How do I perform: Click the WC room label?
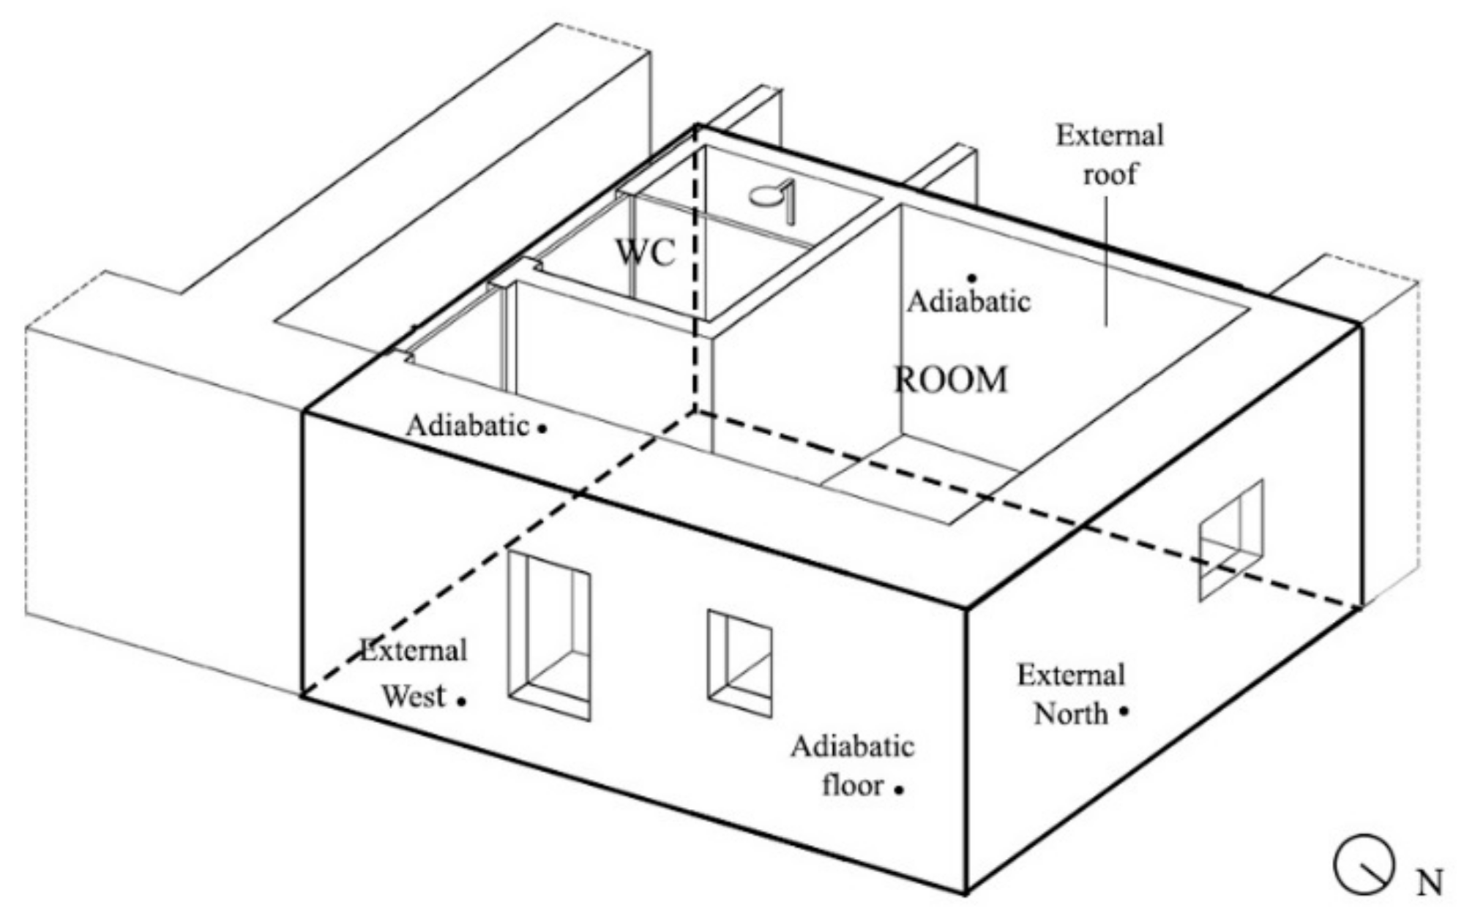645,253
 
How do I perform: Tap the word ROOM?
951,380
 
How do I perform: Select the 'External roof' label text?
1109,154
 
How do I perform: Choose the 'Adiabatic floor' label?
852,765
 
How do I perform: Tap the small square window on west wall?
739,663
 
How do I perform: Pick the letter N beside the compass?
1428,883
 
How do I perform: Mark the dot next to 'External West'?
462,701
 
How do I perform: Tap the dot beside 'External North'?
1123,710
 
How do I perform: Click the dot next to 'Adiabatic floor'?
899,789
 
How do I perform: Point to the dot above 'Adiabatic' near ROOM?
972,277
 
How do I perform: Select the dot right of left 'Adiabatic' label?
542,429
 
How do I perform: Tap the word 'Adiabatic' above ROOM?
968,301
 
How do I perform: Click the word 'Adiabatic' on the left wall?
467,425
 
